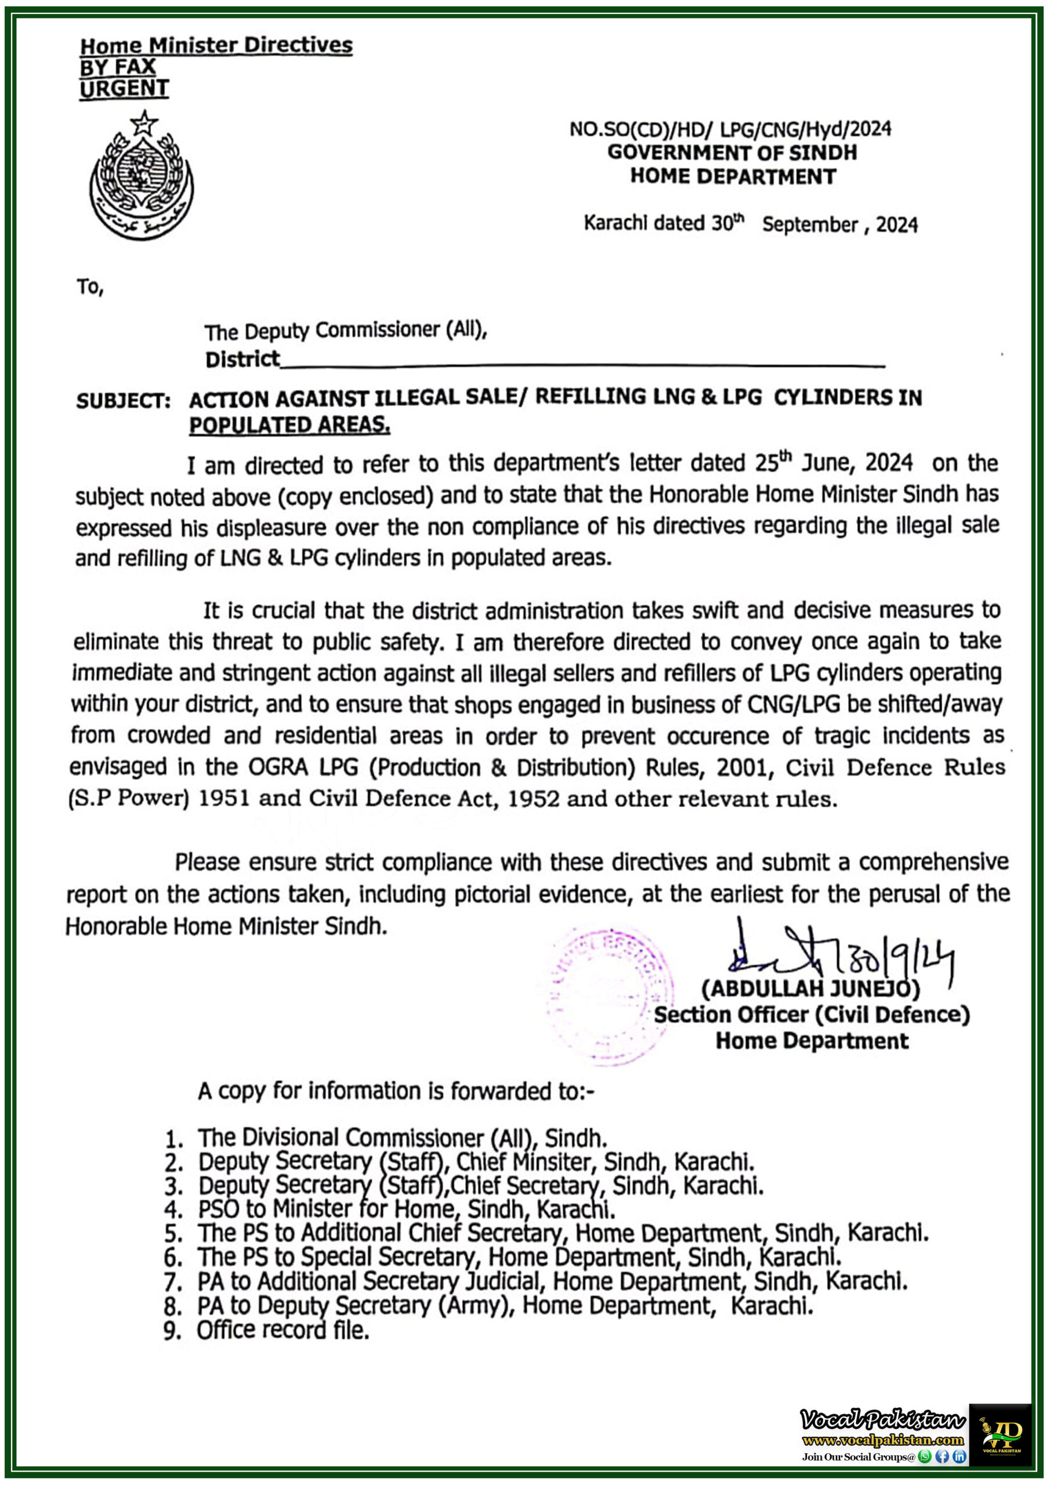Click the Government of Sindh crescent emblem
[x=142, y=176]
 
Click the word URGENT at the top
[x=124, y=89]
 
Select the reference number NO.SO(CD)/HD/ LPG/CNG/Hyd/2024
[x=730, y=129]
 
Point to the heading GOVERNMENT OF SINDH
[x=732, y=153]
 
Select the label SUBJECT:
[x=123, y=401]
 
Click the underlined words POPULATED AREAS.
[x=289, y=425]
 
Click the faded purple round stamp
[x=608, y=999]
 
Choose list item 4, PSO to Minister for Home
[x=406, y=1209]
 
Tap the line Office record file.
[x=283, y=1331]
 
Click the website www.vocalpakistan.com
[x=882, y=1440]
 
